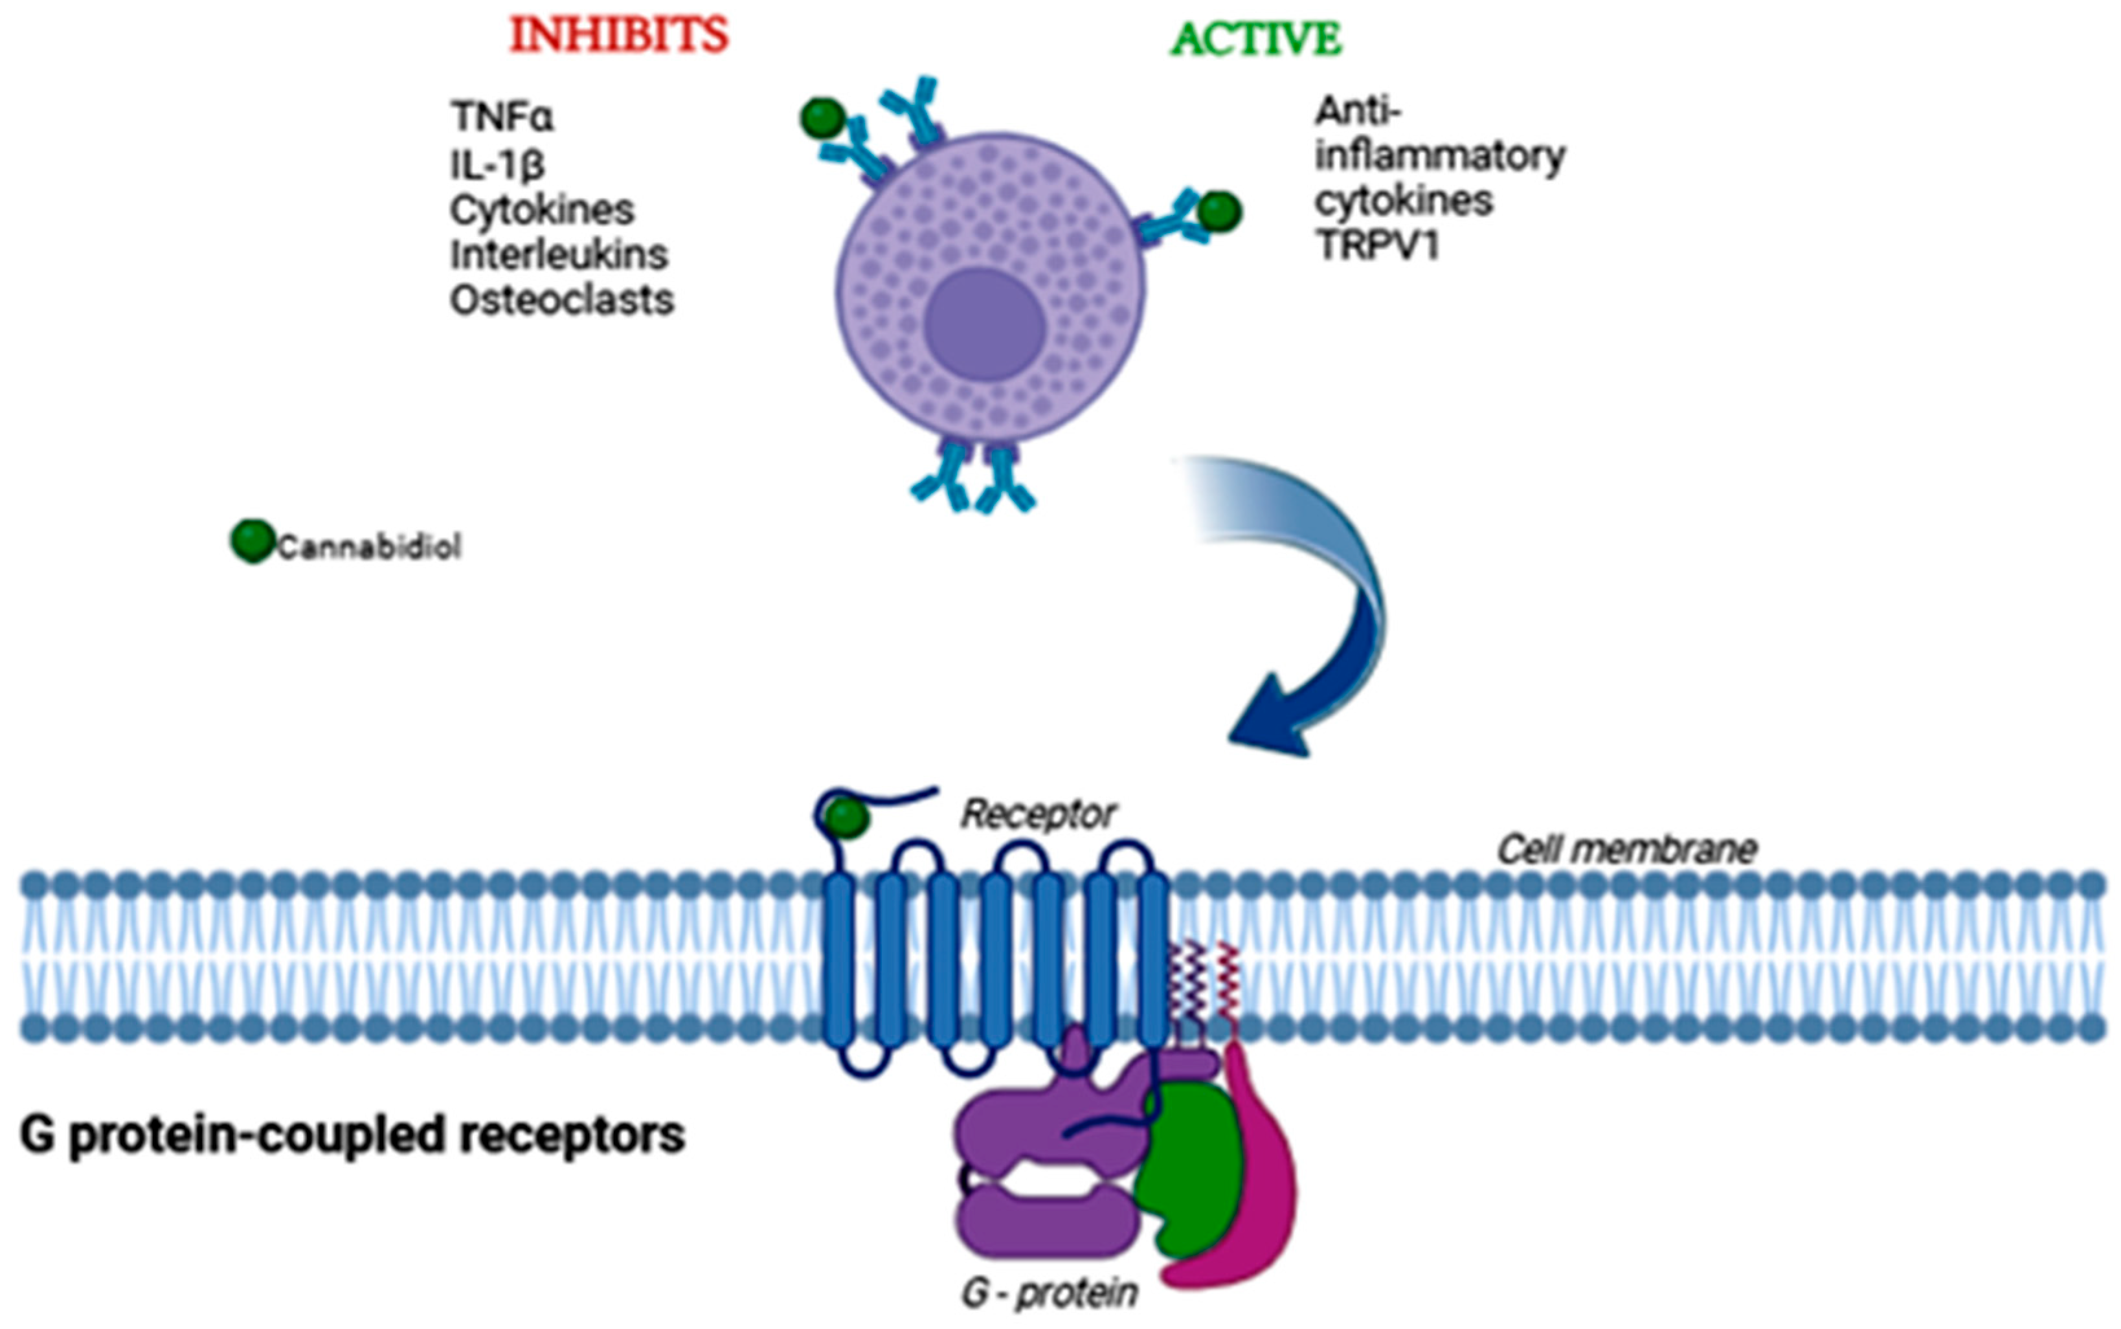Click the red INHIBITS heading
click(x=619, y=35)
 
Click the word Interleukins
click(x=559, y=255)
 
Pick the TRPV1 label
click(x=1377, y=246)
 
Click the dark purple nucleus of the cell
click(x=985, y=324)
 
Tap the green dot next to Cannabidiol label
click(x=253, y=541)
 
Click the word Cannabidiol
click(x=369, y=548)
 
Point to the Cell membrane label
click(x=1626, y=849)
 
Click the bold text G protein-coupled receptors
click(x=352, y=1135)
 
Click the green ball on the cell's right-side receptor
click(x=1219, y=212)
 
